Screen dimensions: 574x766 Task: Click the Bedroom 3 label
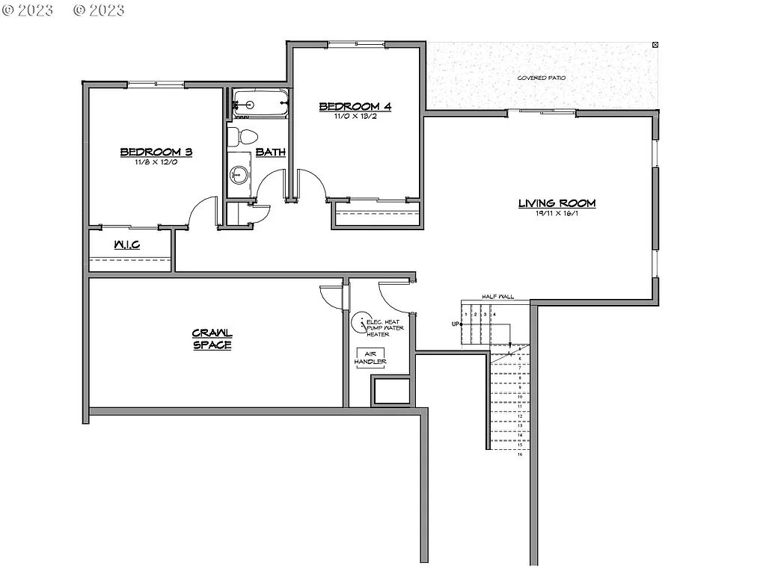(x=156, y=152)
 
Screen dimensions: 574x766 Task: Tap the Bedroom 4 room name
(x=355, y=106)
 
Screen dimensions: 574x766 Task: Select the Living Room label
(x=557, y=203)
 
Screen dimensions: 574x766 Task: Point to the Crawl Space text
(x=212, y=339)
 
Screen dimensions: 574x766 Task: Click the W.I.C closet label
(x=127, y=245)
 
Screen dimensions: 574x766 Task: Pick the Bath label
(x=270, y=152)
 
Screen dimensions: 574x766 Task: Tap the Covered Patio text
(x=542, y=78)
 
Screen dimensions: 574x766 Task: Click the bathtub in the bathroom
(x=259, y=104)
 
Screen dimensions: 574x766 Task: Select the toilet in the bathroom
(x=242, y=136)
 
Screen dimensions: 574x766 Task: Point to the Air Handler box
(x=370, y=358)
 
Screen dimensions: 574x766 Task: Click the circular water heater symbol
(x=362, y=324)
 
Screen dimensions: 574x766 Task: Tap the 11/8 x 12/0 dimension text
(x=156, y=162)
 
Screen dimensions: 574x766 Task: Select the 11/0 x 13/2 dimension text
(x=355, y=117)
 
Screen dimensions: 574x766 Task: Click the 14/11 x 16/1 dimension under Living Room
(x=557, y=214)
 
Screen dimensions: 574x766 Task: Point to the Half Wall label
(x=497, y=297)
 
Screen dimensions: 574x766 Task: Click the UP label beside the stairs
(x=455, y=324)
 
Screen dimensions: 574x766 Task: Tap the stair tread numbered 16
(x=519, y=454)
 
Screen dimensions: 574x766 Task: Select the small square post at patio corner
(x=656, y=45)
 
